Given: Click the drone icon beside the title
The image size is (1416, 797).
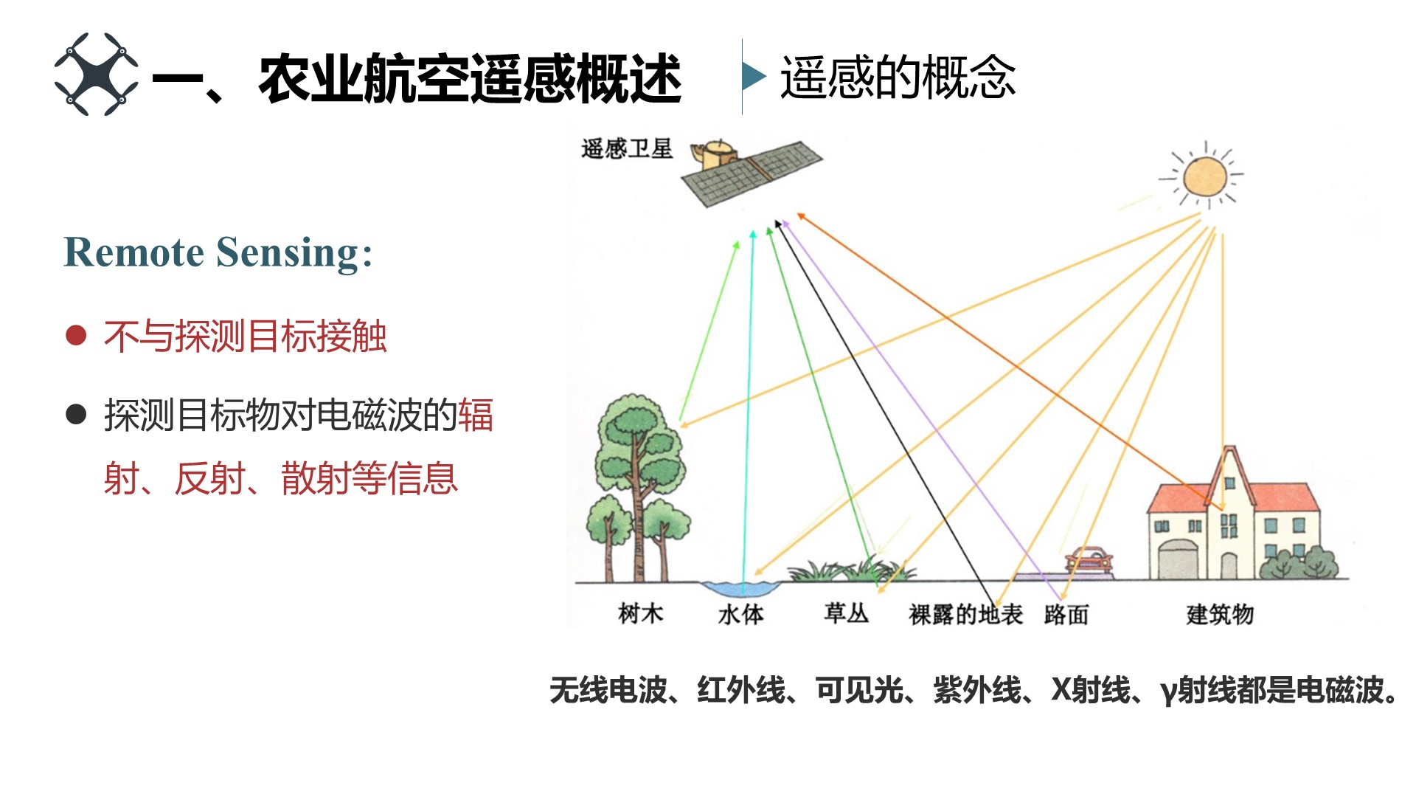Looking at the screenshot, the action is (x=96, y=74).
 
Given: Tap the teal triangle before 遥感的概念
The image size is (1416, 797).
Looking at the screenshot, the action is (x=753, y=76).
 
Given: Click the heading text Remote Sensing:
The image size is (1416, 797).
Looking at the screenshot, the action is (x=218, y=252).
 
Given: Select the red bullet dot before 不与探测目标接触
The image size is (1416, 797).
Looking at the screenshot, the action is (x=76, y=336).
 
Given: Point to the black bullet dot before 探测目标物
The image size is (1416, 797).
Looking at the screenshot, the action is (x=76, y=414).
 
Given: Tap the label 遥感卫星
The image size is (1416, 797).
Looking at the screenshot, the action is (x=626, y=149).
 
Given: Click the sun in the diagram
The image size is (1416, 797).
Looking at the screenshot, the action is (x=1204, y=177).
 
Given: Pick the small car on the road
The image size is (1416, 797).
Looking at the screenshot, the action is (x=1088, y=559).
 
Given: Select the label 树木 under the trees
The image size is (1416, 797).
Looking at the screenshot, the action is (x=640, y=613).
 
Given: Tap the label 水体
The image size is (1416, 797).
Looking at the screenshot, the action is (x=740, y=614).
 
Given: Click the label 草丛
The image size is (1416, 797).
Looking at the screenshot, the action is (x=846, y=613).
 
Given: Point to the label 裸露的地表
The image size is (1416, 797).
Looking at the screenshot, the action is (x=965, y=614).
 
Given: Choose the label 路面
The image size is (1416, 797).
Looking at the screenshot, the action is (x=1066, y=614).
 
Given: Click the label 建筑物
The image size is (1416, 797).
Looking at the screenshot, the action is (x=1220, y=614).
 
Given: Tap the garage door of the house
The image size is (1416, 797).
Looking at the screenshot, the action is (x=1178, y=560).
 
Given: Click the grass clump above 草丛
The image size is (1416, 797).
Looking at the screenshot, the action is (x=852, y=570).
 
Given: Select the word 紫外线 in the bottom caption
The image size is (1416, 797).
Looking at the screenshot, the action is (x=977, y=691).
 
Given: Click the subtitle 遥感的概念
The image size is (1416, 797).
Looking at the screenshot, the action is (x=898, y=77).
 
